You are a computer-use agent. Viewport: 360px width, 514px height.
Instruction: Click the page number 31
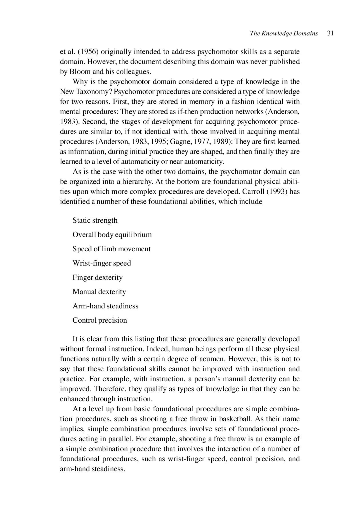[330, 33]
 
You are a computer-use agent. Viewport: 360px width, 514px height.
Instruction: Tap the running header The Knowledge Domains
[284, 33]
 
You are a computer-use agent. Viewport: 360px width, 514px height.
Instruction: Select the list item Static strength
[95, 220]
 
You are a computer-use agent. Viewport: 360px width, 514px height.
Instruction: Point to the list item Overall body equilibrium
[112, 235]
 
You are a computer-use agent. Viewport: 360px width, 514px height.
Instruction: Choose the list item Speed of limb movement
[111, 249]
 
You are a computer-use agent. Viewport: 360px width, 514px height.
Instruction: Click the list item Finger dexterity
[97, 278]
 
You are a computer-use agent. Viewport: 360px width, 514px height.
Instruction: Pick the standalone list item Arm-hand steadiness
[105, 306]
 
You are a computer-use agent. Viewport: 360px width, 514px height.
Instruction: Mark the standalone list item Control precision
[100, 320]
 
